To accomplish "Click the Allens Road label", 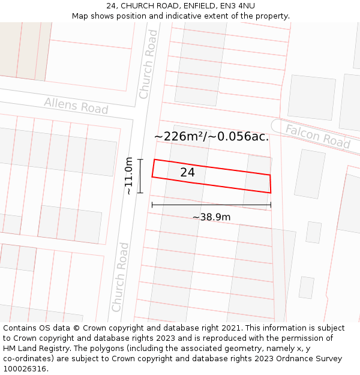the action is [76, 106].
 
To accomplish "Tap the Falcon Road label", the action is [317, 136].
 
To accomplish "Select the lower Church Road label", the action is [120, 277].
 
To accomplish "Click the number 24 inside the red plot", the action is [187, 172].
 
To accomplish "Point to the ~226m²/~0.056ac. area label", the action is [211, 137].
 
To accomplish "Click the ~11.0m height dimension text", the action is [128, 176].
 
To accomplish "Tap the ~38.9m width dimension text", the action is [211, 217].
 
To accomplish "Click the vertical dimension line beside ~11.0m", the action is [140, 176].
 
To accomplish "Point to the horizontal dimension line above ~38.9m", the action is [211, 205].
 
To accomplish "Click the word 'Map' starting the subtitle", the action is [80, 16].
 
